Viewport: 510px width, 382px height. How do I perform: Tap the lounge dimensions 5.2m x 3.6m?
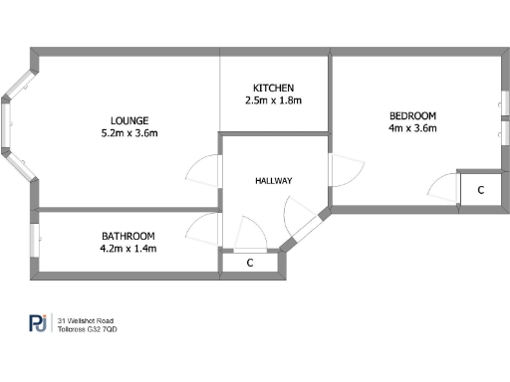tap(129, 131)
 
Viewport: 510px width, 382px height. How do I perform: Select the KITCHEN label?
tap(273, 87)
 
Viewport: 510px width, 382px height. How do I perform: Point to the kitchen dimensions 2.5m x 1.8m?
tap(273, 100)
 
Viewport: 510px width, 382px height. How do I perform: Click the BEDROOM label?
tap(412, 113)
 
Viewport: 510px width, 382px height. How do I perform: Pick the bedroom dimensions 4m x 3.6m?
tap(412, 127)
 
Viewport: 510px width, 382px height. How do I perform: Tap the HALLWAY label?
tap(273, 181)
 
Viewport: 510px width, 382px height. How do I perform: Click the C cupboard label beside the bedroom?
tap(480, 189)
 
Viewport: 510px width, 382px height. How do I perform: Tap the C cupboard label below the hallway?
tap(249, 264)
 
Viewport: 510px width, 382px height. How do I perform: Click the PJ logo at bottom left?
tap(37, 324)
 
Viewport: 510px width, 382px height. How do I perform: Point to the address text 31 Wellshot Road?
tap(86, 320)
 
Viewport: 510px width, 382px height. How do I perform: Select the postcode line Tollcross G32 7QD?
tap(88, 329)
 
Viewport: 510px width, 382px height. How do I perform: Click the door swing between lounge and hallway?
tap(204, 169)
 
